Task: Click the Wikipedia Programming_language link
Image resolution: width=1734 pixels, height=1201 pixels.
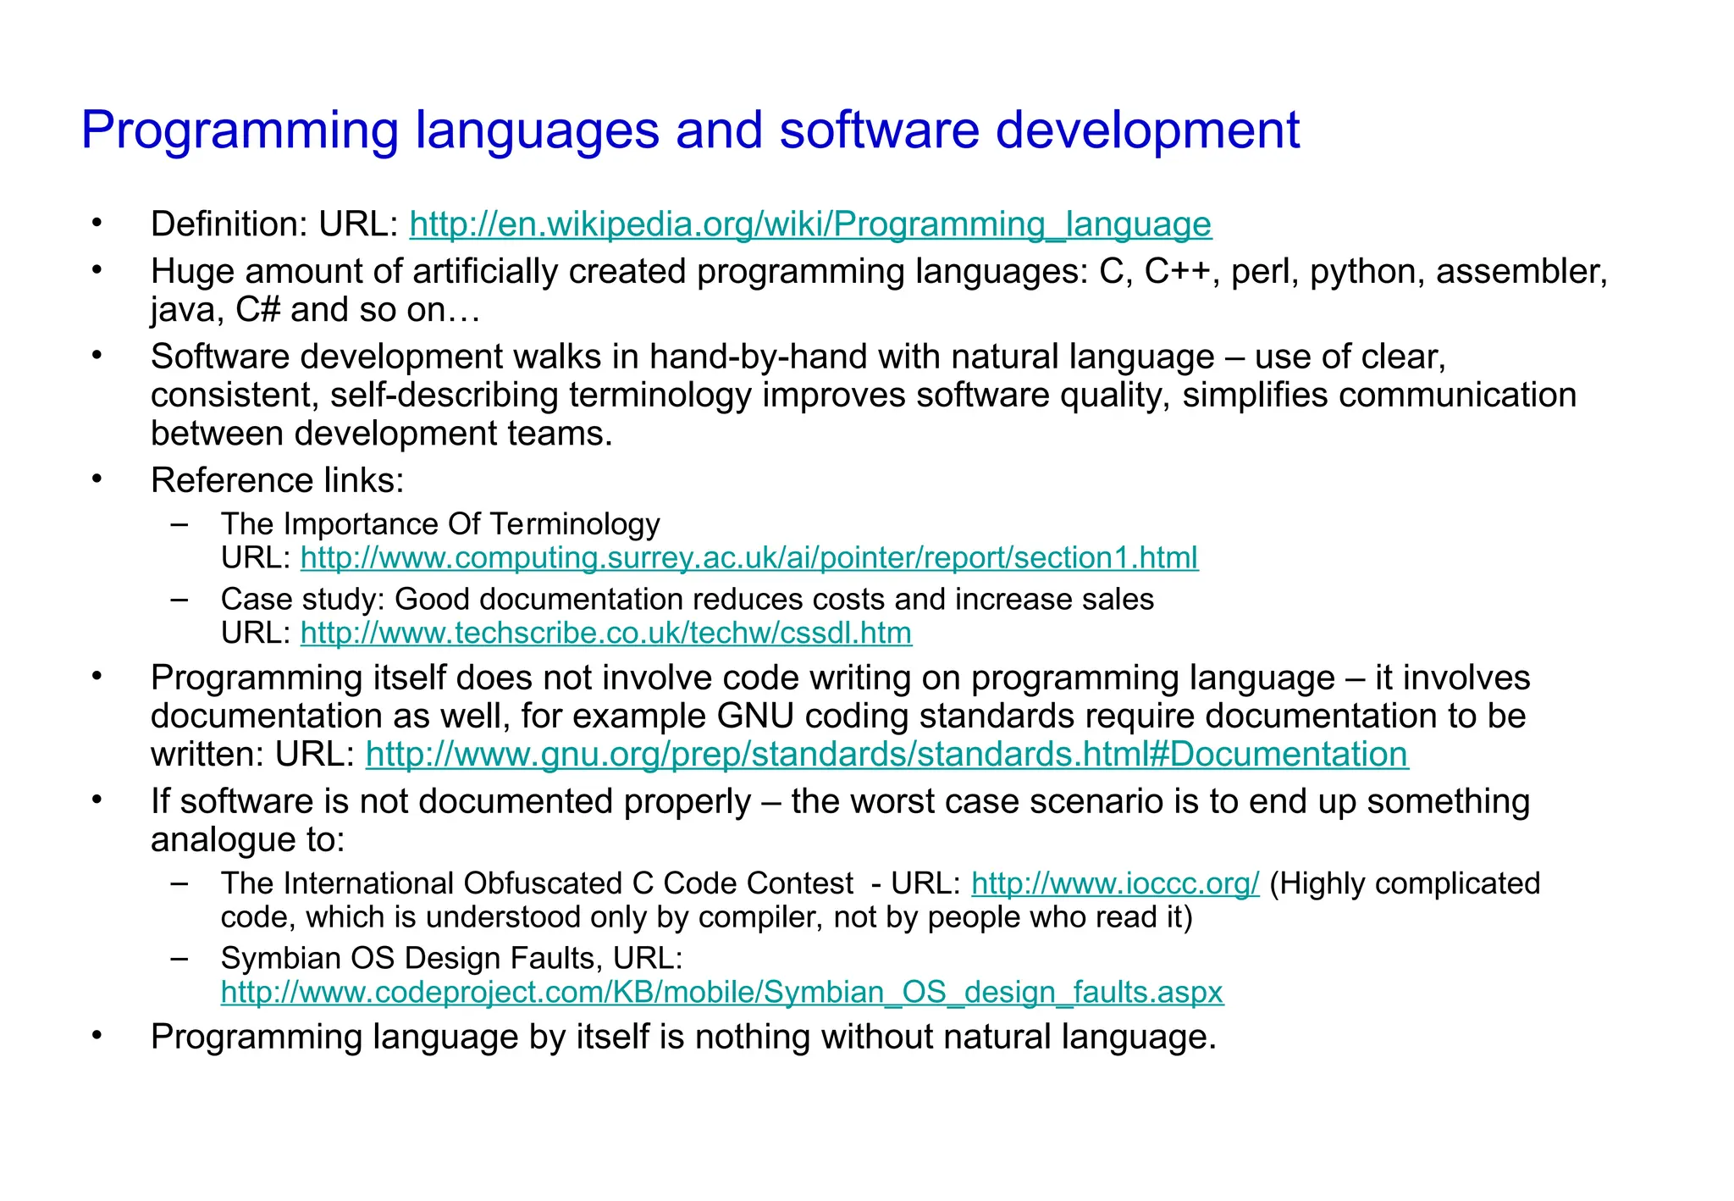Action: (810, 224)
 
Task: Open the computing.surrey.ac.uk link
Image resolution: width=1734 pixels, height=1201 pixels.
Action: (749, 558)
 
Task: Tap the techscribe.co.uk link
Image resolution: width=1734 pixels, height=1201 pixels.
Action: (606, 634)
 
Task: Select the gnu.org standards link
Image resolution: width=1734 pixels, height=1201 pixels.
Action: (886, 755)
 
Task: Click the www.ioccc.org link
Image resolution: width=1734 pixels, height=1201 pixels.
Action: (1115, 884)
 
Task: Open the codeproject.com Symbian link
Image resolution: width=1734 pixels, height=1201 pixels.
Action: (721, 993)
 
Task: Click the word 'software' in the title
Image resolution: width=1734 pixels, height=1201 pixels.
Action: (879, 130)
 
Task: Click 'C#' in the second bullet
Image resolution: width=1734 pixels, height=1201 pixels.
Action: (257, 310)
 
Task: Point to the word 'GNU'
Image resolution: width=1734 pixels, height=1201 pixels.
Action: (755, 717)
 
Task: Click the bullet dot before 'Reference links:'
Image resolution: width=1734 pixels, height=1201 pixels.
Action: (97, 479)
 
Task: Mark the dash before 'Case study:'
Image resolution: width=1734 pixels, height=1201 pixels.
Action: (179, 600)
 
